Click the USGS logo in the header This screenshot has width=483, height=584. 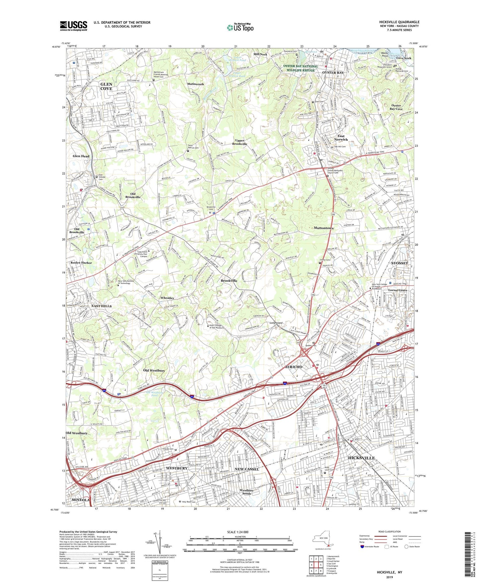pos(74,25)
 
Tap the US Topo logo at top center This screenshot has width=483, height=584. pos(240,27)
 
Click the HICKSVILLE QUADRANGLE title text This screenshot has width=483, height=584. pos(399,22)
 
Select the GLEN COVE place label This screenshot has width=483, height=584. pos(106,87)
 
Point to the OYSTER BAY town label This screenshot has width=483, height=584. pos(333,73)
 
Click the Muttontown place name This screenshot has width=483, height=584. pos(324,228)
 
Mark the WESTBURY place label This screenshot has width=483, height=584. pos(176,468)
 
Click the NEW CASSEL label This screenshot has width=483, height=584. pos(247,469)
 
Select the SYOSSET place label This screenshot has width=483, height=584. pos(399,263)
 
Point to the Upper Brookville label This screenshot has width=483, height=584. pos(240,142)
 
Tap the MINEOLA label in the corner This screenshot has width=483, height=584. pos(81,500)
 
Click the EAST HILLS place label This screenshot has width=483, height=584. pos(102,306)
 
